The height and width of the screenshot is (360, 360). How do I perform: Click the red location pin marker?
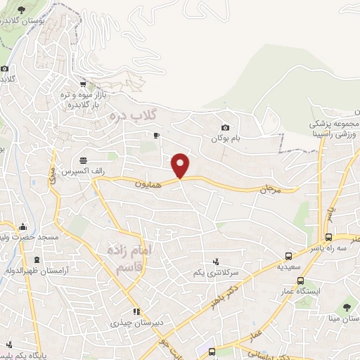click(181, 165)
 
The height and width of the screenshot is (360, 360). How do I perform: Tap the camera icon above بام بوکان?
click(225, 127)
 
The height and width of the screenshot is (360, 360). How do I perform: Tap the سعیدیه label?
click(288, 268)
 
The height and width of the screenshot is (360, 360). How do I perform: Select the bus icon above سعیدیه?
click(288, 256)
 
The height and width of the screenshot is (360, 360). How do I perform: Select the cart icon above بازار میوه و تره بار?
click(84, 83)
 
